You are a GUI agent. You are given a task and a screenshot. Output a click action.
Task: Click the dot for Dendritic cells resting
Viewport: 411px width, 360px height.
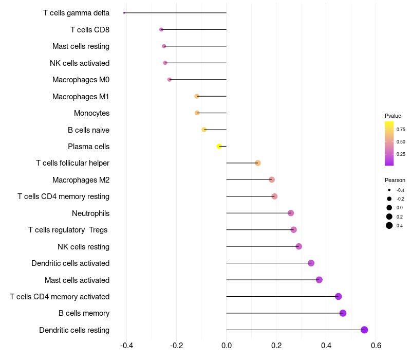(364, 330)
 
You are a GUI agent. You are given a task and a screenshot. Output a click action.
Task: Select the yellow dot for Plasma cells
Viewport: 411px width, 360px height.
(219, 147)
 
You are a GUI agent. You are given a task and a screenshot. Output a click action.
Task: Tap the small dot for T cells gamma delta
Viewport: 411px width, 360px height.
(124, 13)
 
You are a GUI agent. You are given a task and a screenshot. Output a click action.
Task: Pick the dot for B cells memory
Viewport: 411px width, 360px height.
(343, 313)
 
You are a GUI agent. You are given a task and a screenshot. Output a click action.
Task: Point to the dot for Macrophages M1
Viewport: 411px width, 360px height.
(197, 96)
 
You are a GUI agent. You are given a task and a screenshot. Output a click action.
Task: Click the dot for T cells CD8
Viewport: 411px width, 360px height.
(161, 30)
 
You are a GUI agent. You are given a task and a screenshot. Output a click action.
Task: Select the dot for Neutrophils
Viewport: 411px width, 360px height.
(291, 213)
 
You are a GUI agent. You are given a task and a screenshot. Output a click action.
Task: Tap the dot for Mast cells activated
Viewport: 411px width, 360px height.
(319, 280)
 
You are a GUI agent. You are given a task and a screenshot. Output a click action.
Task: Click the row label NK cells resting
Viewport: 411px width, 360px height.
(83, 247)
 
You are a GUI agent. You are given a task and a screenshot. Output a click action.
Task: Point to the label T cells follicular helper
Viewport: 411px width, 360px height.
(72, 163)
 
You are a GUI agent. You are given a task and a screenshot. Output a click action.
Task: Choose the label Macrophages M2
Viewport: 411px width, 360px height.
(81, 180)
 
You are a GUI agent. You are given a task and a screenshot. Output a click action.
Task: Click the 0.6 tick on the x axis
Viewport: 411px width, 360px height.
(376, 345)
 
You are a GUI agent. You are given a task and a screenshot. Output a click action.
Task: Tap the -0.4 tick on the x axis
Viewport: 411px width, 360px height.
(127, 345)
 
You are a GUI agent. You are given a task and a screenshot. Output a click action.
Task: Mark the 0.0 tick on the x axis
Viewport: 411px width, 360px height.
(227, 345)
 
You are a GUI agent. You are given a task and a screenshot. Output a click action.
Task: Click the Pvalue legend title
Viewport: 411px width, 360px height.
(393, 116)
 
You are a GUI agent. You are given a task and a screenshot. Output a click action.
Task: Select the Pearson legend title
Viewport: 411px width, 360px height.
(395, 180)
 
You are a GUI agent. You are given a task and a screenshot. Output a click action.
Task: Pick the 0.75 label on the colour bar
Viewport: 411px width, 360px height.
(401, 130)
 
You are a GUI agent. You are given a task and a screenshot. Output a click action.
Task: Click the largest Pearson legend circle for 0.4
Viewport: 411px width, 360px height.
(389, 225)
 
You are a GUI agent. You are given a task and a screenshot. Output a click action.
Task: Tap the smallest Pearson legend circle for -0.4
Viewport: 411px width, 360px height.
(389, 190)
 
